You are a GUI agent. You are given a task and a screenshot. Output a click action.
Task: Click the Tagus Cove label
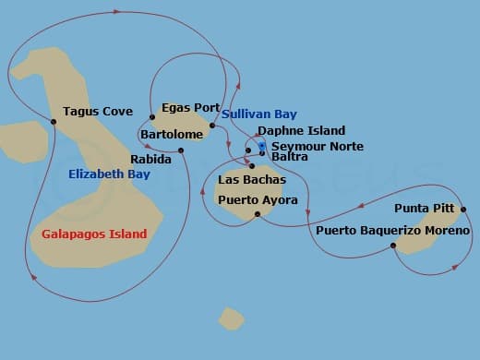point(98,112)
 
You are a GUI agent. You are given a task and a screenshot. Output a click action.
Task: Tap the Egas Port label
point(190,108)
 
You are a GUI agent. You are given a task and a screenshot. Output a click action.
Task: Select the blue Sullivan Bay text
point(259,114)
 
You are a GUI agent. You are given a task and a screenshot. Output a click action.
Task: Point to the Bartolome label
point(172,135)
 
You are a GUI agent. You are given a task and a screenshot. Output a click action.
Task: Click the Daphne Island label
point(301,131)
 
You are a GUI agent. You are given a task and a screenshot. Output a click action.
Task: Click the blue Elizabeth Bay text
point(109,174)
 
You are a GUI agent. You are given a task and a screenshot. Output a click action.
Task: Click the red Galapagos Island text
point(94,234)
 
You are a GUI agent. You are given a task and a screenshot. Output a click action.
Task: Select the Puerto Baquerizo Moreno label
point(392,230)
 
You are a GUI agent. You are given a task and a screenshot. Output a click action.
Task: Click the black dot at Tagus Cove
point(54,121)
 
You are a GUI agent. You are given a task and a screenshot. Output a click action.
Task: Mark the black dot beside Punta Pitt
point(463,209)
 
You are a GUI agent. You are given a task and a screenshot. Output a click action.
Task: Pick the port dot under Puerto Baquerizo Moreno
point(393,246)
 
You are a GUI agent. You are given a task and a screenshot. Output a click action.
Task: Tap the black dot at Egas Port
point(152,117)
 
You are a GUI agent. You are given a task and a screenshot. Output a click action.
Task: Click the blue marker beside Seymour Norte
point(262,145)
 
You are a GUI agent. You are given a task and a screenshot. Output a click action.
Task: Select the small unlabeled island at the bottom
point(231,318)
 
